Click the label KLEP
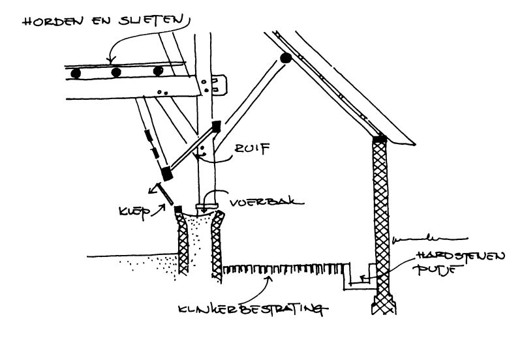coord(133,211)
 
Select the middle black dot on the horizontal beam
coord(117,72)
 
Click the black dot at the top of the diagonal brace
coord(285,59)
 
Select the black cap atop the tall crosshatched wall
coord(379,138)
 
